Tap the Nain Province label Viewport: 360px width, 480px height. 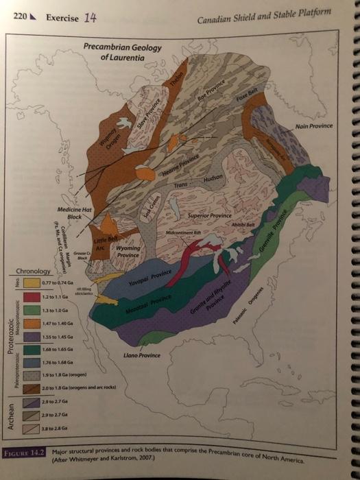coord(315,125)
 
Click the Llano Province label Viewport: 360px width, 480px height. coord(143,355)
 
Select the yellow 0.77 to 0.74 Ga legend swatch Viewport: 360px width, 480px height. coord(30,282)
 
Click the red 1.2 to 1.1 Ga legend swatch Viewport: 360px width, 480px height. coord(30,298)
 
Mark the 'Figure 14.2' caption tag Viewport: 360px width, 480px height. coord(22,452)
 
